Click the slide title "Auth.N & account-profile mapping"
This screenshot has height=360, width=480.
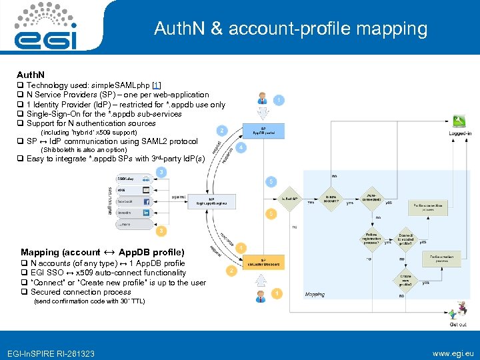[x=290, y=29]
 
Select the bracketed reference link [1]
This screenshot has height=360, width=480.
[x=157, y=85]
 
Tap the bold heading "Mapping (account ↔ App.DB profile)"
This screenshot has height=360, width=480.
[x=102, y=252]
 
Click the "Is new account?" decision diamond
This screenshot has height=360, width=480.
[x=331, y=198]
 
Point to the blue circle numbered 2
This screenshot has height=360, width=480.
[x=221, y=130]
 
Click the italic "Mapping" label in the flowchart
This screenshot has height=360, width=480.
[x=315, y=293]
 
